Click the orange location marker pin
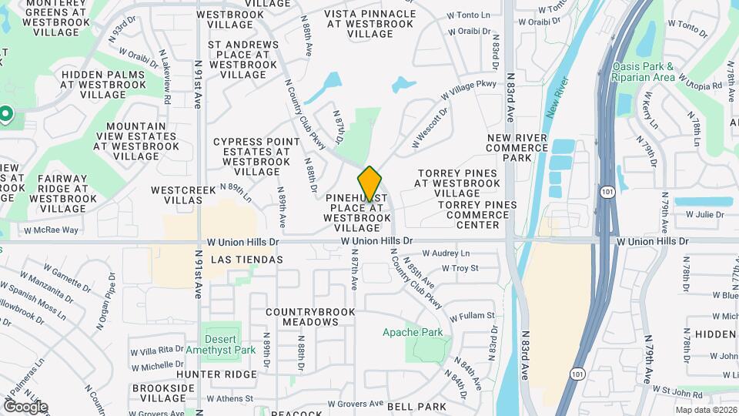pos(369,183)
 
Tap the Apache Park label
pos(413,333)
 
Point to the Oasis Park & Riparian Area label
pos(644,72)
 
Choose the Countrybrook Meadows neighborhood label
pos(310,317)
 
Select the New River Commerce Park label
pos(517,147)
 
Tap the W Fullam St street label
pos(472,316)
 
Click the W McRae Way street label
pos(51,230)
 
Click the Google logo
pos(25,407)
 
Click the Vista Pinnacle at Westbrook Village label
pos(369,24)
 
